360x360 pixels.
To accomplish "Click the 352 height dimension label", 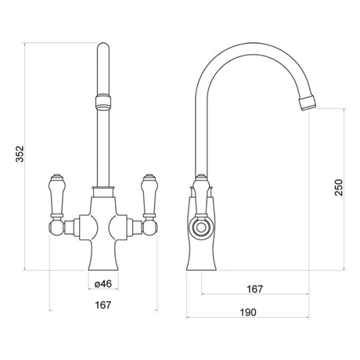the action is click(20, 154).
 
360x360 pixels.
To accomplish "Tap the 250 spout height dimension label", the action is click(339, 187).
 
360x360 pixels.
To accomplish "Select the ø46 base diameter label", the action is click(103, 283).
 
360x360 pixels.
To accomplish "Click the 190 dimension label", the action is click(248, 312).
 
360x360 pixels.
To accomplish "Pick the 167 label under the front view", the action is click(103, 304).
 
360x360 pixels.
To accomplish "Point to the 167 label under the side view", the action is click(255, 289).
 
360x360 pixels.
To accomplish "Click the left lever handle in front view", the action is click(56, 196).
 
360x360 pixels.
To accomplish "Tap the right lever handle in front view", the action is click(149, 196).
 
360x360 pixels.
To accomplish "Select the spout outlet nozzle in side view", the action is click(308, 103).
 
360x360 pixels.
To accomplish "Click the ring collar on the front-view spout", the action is click(103, 103).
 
